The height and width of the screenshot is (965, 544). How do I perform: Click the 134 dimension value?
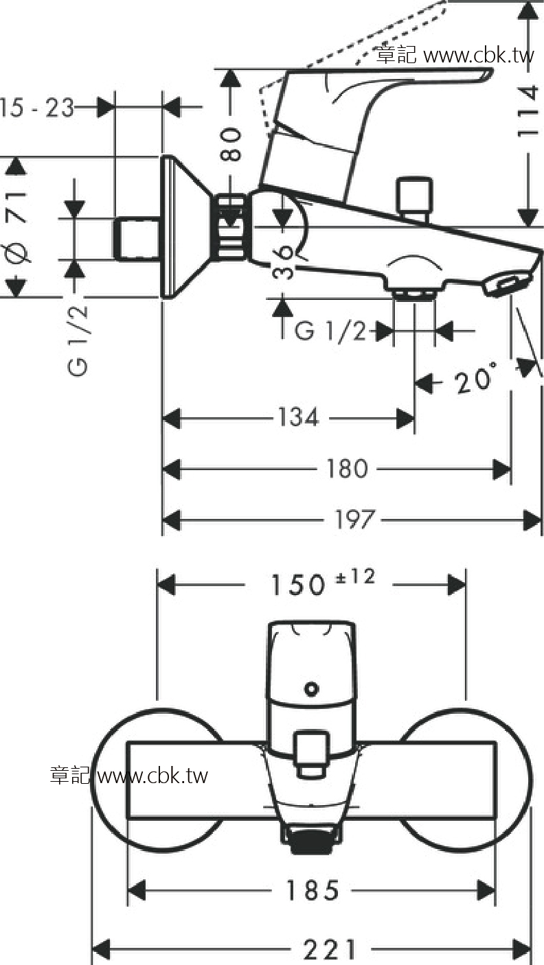click(x=299, y=417)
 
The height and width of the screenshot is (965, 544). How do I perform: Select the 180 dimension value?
click(x=347, y=469)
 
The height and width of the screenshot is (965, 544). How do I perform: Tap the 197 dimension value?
click(x=354, y=520)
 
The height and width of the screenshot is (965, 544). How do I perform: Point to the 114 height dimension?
click(x=528, y=111)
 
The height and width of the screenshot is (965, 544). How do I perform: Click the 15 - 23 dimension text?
click(x=36, y=107)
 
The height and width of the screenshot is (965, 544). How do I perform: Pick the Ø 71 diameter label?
click(x=16, y=227)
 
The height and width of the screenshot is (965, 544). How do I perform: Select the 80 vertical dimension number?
click(x=231, y=144)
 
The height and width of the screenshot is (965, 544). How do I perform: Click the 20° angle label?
click(x=474, y=378)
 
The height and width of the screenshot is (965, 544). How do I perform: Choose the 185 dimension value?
click(x=313, y=890)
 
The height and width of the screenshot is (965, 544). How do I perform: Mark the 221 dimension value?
click(x=330, y=949)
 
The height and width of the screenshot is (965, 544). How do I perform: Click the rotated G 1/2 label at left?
click(x=78, y=340)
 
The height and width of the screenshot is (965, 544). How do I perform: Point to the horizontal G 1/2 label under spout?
click(x=330, y=331)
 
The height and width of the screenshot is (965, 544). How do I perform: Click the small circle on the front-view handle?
click(x=311, y=688)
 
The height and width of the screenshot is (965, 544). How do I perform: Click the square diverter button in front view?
click(x=311, y=754)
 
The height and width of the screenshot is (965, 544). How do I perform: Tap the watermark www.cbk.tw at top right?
click(x=479, y=56)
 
